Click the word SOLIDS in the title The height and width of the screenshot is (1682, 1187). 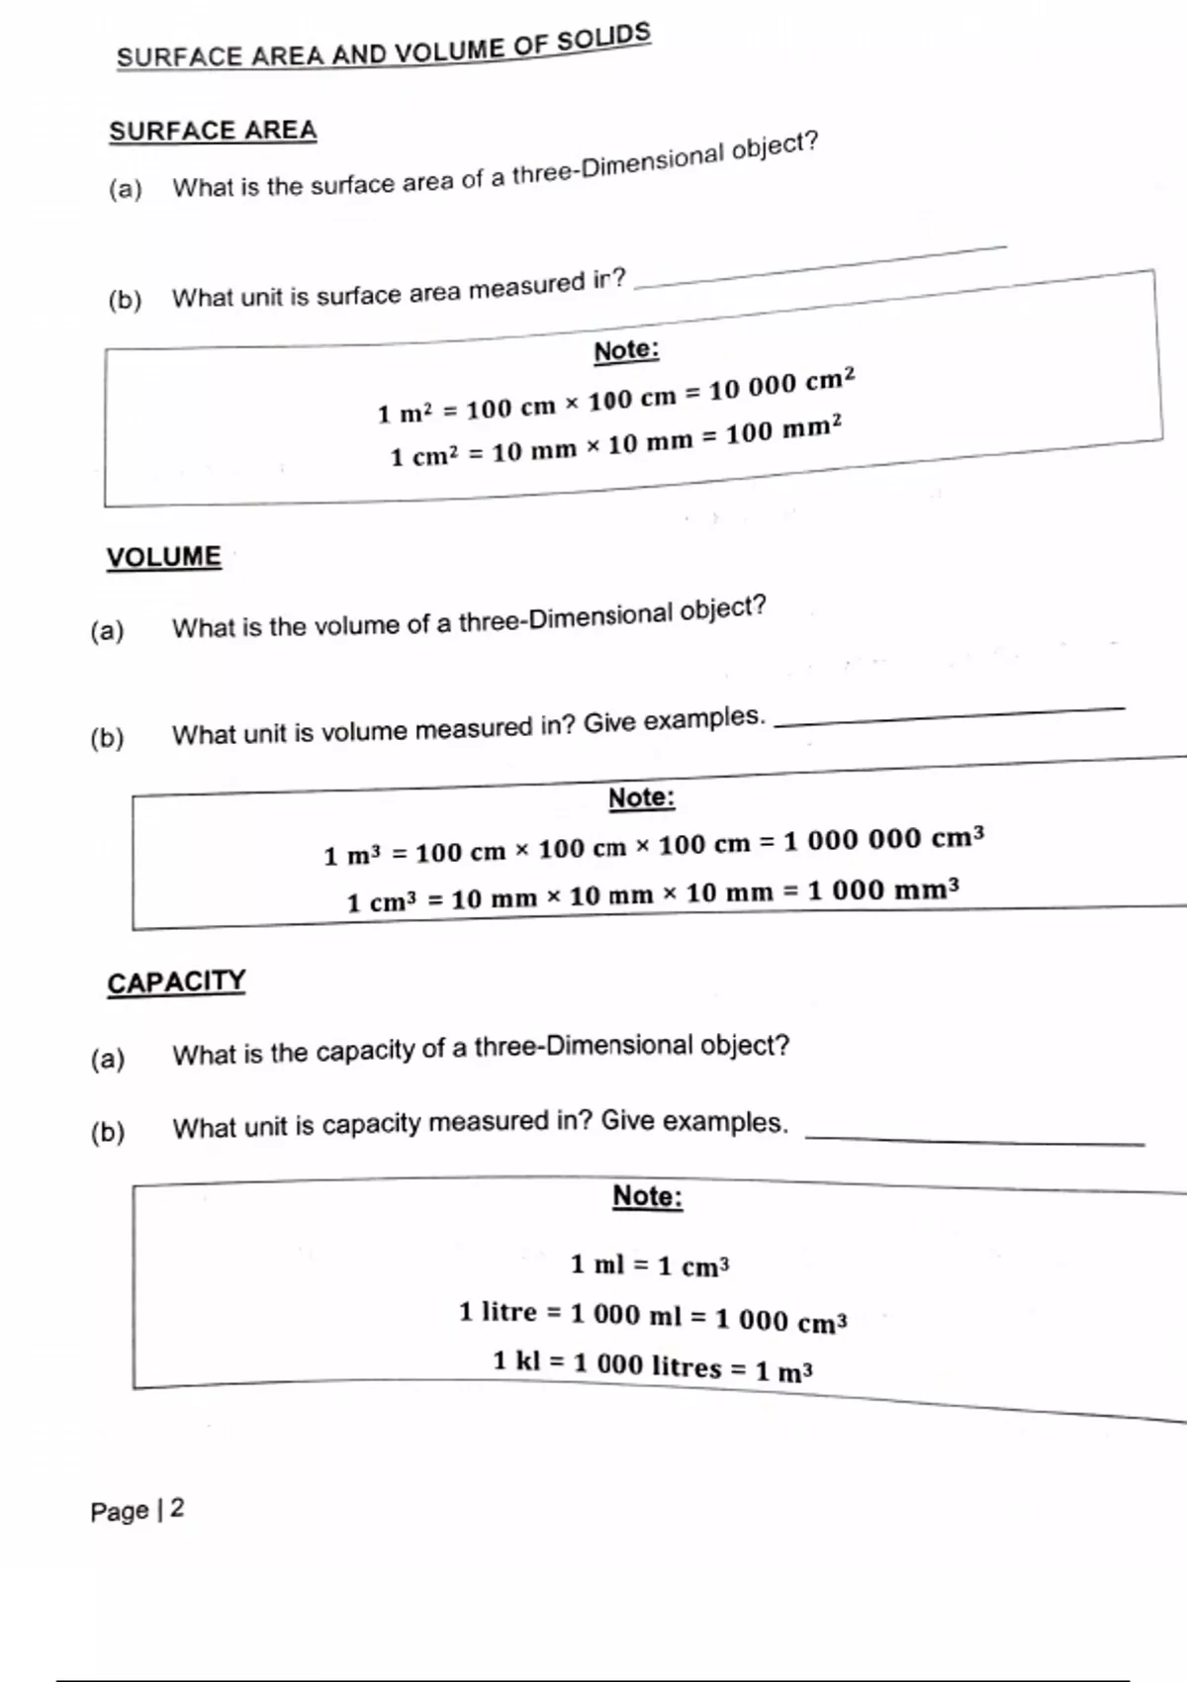tap(603, 39)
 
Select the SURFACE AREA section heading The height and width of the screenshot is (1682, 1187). tap(213, 132)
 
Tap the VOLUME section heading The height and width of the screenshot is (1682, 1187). tap(164, 557)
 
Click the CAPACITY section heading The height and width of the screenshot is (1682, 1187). tap(176, 981)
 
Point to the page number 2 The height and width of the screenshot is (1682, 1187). tap(177, 1509)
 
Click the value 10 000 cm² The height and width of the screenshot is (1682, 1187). tap(781, 384)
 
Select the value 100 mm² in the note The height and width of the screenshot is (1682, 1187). tap(783, 431)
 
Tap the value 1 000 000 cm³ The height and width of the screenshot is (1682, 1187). tap(883, 840)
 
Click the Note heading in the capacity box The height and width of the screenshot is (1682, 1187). tap(648, 1196)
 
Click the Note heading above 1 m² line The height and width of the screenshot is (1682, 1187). tap(626, 350)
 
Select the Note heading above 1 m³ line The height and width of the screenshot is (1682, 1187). tap(641, 797)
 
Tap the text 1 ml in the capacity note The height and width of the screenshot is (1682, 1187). tap(597, 1263)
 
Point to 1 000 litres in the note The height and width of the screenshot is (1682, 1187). tap(648, 1365)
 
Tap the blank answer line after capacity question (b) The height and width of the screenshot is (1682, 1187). tap(974, 1141)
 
